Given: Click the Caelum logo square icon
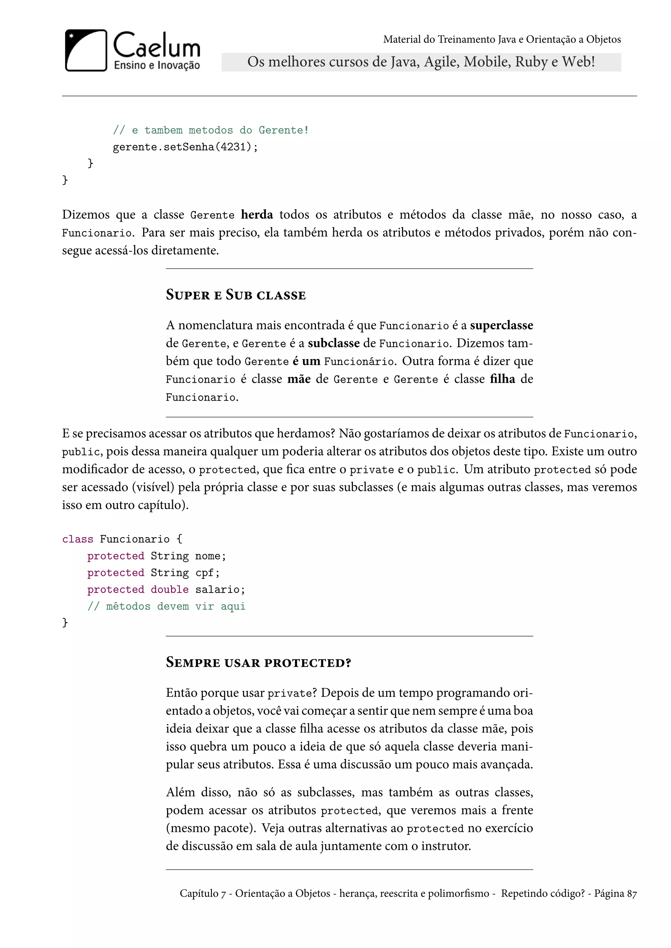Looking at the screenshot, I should pos(86,50).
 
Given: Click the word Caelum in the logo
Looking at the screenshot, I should pos(157,46).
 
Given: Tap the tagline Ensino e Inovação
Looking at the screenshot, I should pos(157,65).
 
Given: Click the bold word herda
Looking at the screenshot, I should pos(257,215).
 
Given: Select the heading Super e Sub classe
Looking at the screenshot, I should pos(236,295).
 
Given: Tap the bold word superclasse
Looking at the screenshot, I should pos(501,325).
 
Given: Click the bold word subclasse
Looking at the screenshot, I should pos(334,343).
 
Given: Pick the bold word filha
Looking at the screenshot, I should pos(502,379).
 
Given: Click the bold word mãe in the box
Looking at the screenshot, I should pos(299,379).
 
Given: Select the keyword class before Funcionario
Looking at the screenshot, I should pos(78,539).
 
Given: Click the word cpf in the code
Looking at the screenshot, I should pos(204,573).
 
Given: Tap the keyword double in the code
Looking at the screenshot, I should pos(169,590).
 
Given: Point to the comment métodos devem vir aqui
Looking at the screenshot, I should pos(166,606).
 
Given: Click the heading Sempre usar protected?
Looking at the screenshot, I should pos(258,663).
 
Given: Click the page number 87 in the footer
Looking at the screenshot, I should pos(632,894).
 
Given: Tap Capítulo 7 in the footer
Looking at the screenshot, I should pos(202,894).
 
